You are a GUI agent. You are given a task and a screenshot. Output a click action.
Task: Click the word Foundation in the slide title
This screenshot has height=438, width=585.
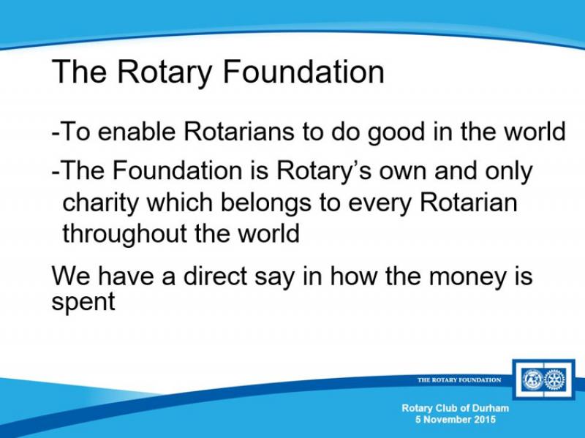click(x=303, y=71)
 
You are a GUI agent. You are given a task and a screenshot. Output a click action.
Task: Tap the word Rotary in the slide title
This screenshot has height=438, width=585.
click(x=164, y=74)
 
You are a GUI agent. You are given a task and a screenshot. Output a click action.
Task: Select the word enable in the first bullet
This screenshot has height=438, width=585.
click(x=137, y=131)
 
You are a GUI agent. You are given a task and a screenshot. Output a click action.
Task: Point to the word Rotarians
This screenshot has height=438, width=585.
click(x=239, y=131)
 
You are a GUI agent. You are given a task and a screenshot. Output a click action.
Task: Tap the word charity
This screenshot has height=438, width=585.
click(x=100, y=204)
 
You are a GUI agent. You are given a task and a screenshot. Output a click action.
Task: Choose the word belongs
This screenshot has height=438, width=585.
click(x=266, y=204)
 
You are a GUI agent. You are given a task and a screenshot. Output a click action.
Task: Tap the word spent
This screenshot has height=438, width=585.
click(x=83, y=301)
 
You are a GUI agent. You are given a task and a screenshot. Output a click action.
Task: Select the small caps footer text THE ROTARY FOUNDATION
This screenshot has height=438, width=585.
click(x=459, y=380)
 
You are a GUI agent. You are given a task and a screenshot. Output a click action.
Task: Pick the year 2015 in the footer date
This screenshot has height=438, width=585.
click(x=485, y=419)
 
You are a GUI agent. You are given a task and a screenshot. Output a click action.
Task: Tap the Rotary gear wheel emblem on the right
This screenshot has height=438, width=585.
click(x=555, y=380)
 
